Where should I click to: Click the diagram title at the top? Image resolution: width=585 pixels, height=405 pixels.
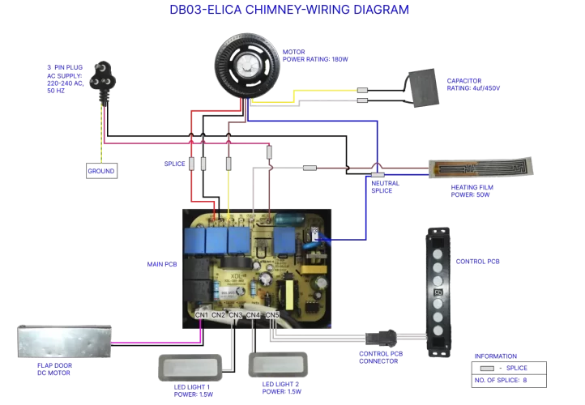(288, 11)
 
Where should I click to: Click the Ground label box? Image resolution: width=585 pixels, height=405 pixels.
(102, 171)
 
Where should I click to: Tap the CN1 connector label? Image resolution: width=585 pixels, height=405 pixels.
(202, 314)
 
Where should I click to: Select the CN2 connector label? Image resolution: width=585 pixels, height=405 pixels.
(219, 314)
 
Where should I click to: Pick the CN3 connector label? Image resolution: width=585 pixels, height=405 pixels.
(236, 314)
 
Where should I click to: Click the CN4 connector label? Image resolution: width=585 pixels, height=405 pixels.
(253, 314)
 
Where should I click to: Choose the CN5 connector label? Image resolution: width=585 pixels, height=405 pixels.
(271, 314)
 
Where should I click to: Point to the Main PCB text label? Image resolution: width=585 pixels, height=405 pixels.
(161, 263)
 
